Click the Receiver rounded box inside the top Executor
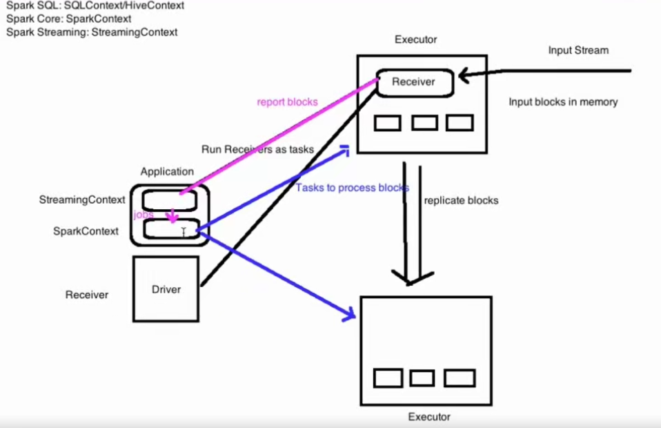click(x=414, y=82)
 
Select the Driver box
click(x=166, y=289)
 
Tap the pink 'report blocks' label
click(x=287, y=102)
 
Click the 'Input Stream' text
click(x=578, y=50)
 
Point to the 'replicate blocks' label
click(x=461, y=201)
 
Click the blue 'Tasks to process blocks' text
click(x=353, y=188)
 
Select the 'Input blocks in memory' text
click(x=563, y=102)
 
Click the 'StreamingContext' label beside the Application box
click(x=82, y=200)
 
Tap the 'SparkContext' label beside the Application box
click(x=86, y=231)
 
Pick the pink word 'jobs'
click(x=144, y=215)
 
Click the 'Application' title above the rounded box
click(x=167, y=172)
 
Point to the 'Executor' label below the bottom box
click(x=429, y=417)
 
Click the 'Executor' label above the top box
click(x=415, y=40)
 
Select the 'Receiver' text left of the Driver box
click(x=86, y=295)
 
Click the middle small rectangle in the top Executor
click(x=424, y=123)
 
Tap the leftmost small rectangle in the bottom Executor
click(x=388, y=378)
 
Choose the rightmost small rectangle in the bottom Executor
click(x=459, y=378)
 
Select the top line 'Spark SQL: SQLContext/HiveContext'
click(x=95, y=6)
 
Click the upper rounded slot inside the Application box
click(x=170, y=200)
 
